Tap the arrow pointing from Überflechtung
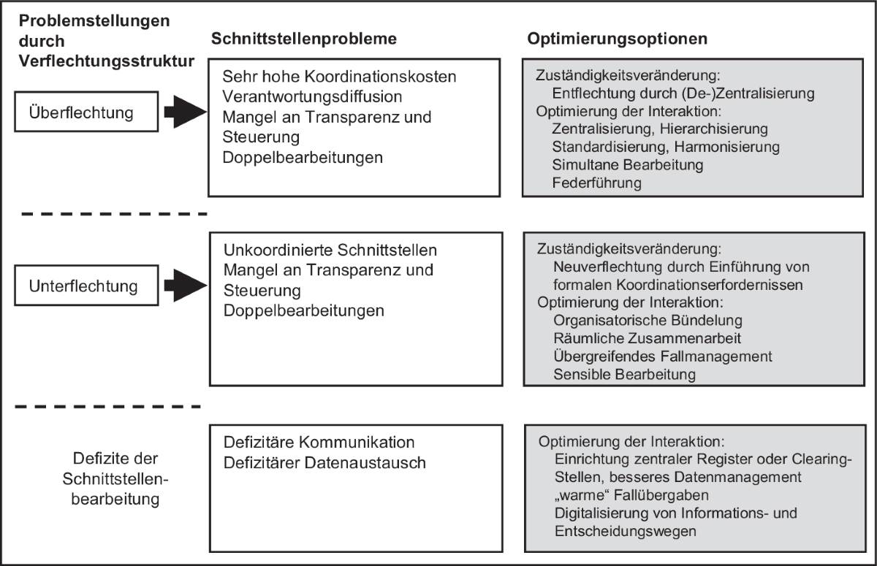point(185,112)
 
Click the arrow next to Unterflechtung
point(185,286)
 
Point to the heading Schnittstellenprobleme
point(304,39)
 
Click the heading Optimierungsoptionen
point(617,39)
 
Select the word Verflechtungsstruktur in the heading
point(107,61)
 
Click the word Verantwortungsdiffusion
point(312,96)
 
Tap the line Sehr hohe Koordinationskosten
point(339,77)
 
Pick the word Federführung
point(596,183)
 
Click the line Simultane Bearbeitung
point(628,164)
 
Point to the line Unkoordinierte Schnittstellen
point(330,250)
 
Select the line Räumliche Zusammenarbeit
point(647,338)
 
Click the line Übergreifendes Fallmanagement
point(662,356)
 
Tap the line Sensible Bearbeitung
point(624,375)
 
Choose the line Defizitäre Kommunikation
point(319,443)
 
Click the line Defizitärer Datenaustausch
point(324,463)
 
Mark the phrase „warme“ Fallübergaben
point(631,495)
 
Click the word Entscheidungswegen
point(626,531)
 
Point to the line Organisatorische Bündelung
point(648,321)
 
